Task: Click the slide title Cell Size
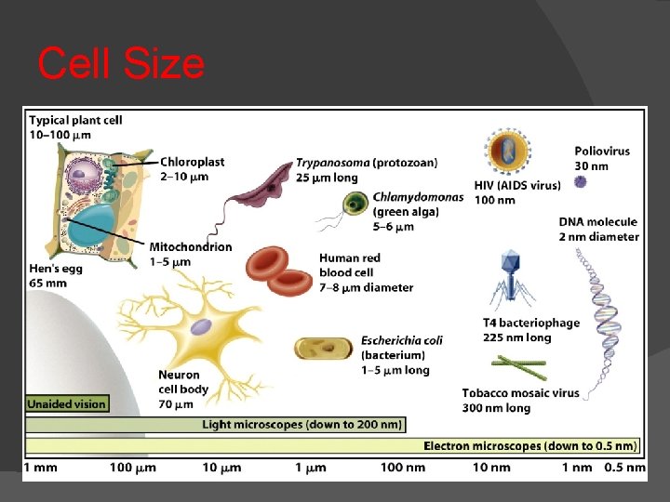121,64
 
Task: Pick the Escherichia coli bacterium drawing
322,349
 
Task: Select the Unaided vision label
67,404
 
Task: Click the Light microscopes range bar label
302,425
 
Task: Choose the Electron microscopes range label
534,445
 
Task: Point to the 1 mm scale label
41,467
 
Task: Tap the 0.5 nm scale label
624,467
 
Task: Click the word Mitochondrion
191,247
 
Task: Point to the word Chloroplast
192,162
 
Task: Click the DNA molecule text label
598,222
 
